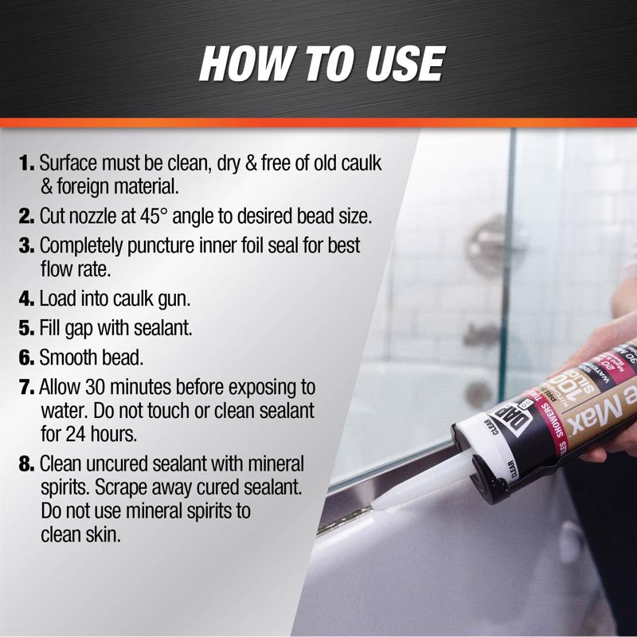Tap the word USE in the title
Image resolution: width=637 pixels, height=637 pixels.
click(401, 64)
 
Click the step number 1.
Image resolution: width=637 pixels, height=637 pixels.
click(26, 165)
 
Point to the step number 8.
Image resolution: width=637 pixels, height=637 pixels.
click(27, 463)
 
